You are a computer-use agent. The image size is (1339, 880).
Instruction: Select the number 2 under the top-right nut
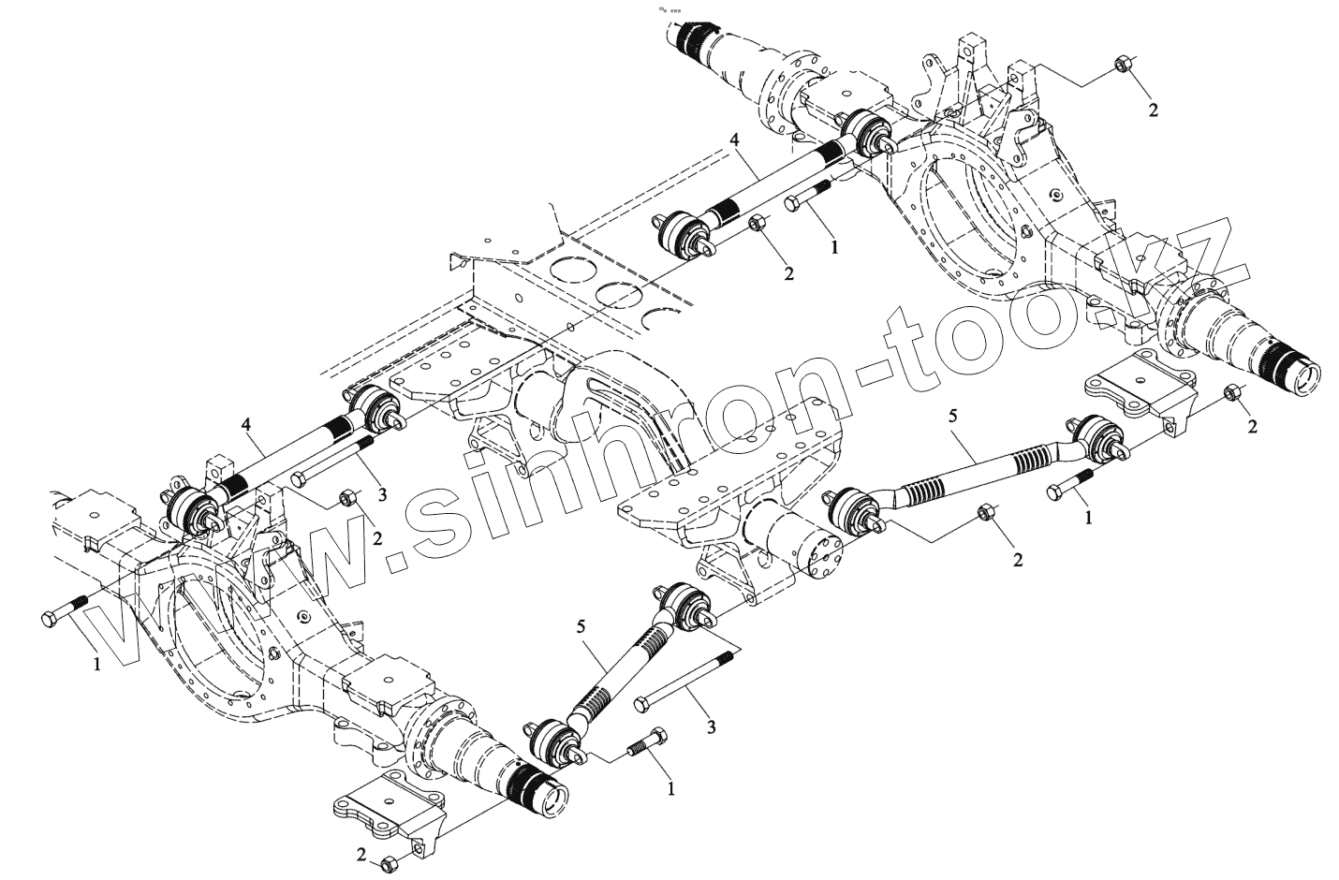pos(1153,110)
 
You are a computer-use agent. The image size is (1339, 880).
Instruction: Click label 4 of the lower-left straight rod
pos(246,425)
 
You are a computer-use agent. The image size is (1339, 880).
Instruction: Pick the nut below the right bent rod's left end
pos(986,513)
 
